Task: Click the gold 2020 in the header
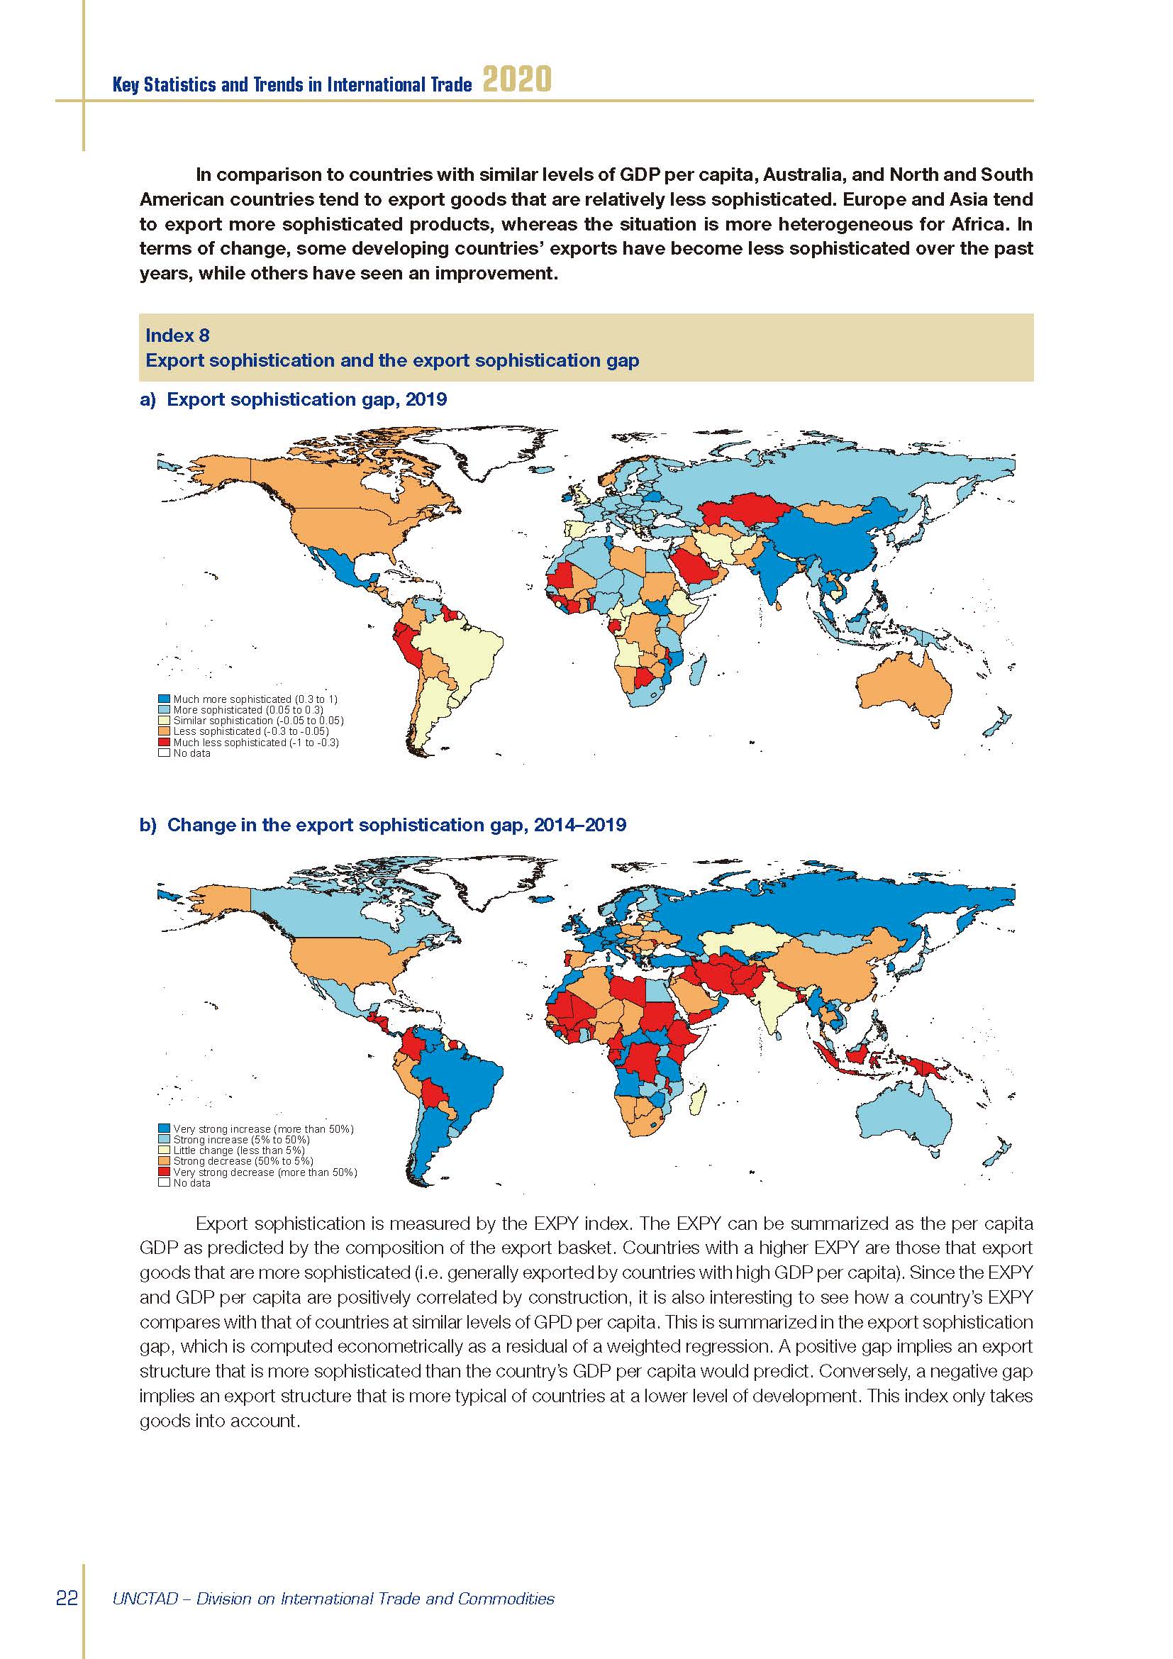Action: (x=516, y=79)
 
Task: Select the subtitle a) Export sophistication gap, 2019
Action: (x=294, y=399)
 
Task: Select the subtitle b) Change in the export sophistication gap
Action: (x=383, y=825)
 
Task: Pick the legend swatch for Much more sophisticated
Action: (x=164, y=699)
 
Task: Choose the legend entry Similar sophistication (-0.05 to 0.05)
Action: (x=258, y=721)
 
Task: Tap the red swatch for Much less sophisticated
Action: (x=164, y=742)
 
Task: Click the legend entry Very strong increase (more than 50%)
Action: (x=263, y=1128)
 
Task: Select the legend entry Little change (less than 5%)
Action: (x=238, y=1150)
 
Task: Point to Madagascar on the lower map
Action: (x=699, y=1101)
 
